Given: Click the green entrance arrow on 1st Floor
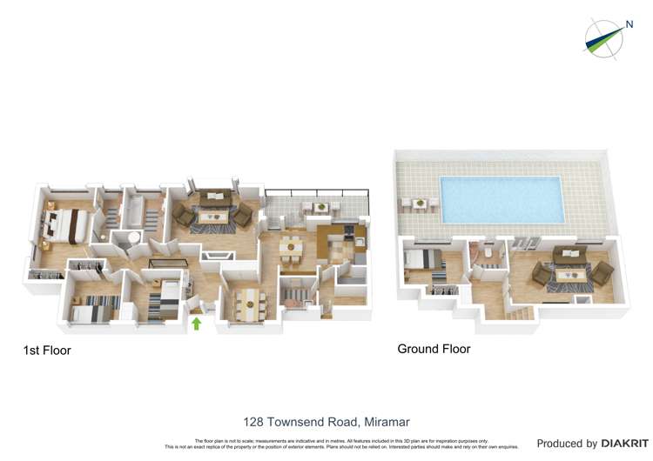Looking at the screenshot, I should point(196,324).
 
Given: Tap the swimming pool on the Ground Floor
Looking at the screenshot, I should point(502,199).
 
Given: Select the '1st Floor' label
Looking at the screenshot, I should point(47,351).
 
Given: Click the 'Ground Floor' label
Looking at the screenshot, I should point(434,349).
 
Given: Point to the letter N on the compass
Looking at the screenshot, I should point(628,25).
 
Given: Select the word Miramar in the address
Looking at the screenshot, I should point(387,422).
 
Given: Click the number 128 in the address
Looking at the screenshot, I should point(254,422).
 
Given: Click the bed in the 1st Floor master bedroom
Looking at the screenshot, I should point(64,224).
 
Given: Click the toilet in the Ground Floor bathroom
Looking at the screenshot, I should point(489,251).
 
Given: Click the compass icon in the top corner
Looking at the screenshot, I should point(604,37).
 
